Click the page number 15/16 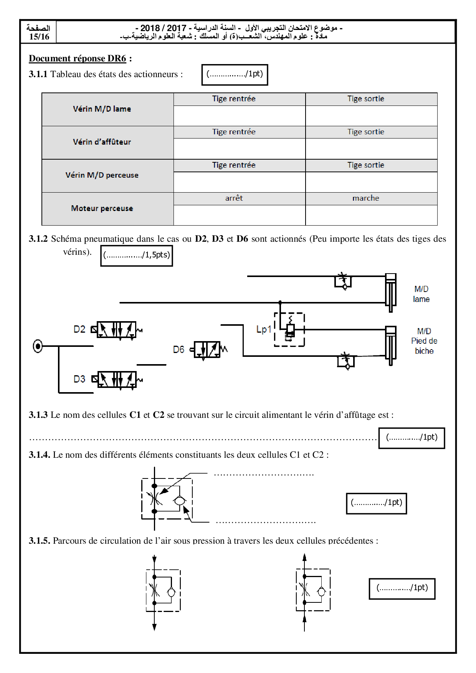pos(39,37)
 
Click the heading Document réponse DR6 pos(78,58)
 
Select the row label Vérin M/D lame pos(102,109)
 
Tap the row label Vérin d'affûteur pos(102,142)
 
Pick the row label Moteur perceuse pos(102,208)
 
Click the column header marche pos(366,198)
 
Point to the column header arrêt pos(234,198)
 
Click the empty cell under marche pos(371,215)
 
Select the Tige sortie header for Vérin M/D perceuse pos(366,165)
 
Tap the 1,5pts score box pos(137,255)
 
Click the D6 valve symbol pos(208,350)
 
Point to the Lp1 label pos(264,330)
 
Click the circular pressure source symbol pos(38,346)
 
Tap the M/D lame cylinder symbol pos(390,292)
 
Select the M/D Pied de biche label pos(424,341)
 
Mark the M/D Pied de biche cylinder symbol pos(390,345)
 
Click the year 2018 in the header pos(150,28)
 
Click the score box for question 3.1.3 pos(412,437)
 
